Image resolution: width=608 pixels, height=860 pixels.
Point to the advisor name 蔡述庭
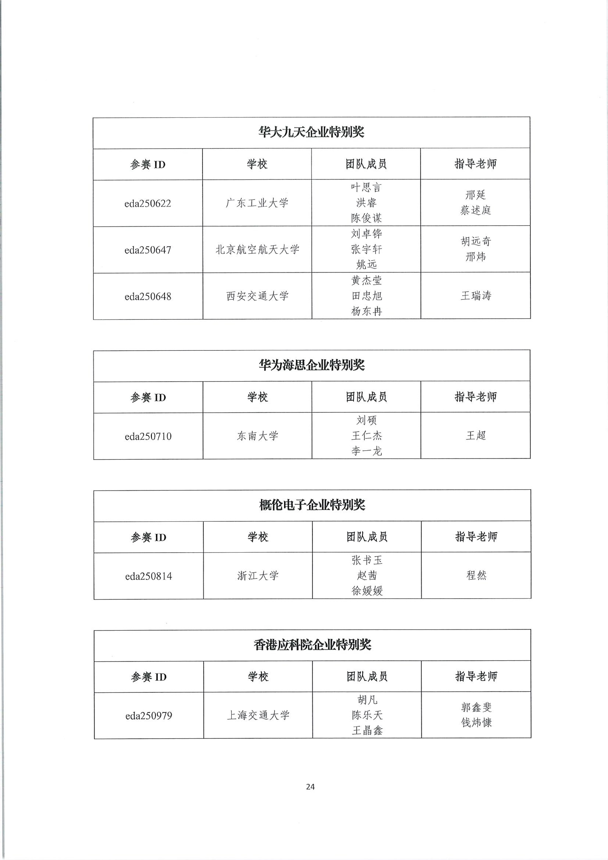[476, 211]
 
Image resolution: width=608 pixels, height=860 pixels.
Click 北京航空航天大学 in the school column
[257, 249]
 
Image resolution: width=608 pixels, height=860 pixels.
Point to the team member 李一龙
[367, 451]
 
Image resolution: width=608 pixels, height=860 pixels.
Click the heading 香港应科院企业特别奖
[312, 645]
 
